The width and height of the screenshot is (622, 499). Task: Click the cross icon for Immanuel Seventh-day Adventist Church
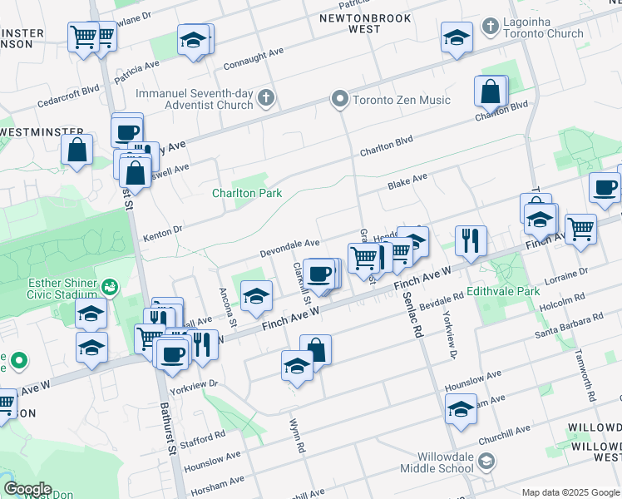point(265,99)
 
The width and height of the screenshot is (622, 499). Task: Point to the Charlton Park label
point(247,193)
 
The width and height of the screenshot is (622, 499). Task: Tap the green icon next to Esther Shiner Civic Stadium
point(108,287)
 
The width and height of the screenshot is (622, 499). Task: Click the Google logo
point(27,489)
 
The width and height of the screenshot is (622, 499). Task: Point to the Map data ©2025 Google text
point(570,492)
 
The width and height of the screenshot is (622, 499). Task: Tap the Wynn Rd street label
point(296,435)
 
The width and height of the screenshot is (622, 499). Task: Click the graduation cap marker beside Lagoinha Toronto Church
point(457,38)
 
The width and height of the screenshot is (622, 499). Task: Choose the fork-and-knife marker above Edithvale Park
point(471,240)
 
